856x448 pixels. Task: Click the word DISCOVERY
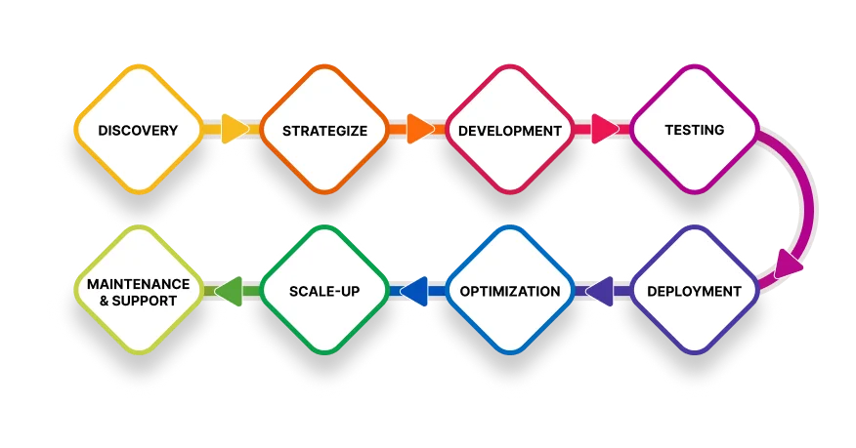[138, 130]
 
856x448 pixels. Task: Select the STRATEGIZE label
[322, 130]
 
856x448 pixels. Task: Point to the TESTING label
[693, 130]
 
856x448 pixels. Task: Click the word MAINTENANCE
[138, 283]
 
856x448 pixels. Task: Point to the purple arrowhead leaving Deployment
[598, 291]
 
